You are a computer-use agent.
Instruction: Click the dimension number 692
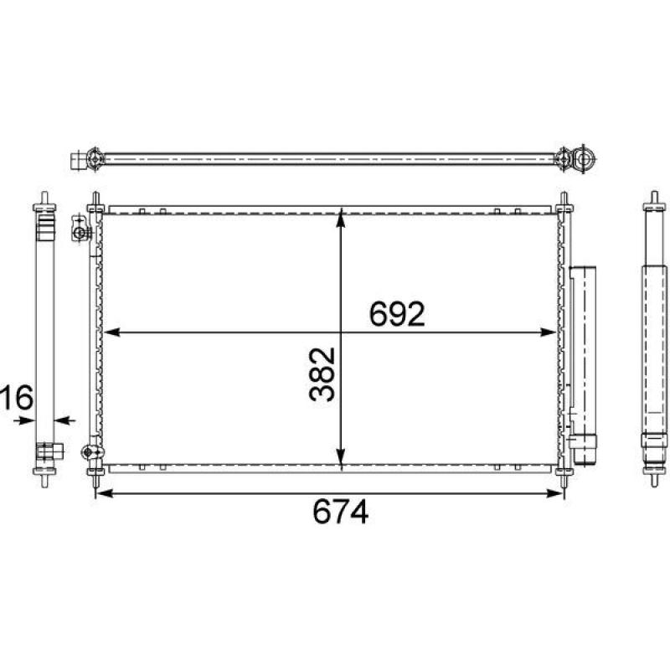[x=398, y=315]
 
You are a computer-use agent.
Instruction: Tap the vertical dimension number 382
[x=322, y=374]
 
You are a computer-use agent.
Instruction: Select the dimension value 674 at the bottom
[x=341, y=512]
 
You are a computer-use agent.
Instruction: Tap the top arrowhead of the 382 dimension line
[x=341, y=217]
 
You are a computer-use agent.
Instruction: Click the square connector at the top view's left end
[x=79, y=157]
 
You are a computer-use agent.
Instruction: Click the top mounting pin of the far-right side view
[x=652, y=202]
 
